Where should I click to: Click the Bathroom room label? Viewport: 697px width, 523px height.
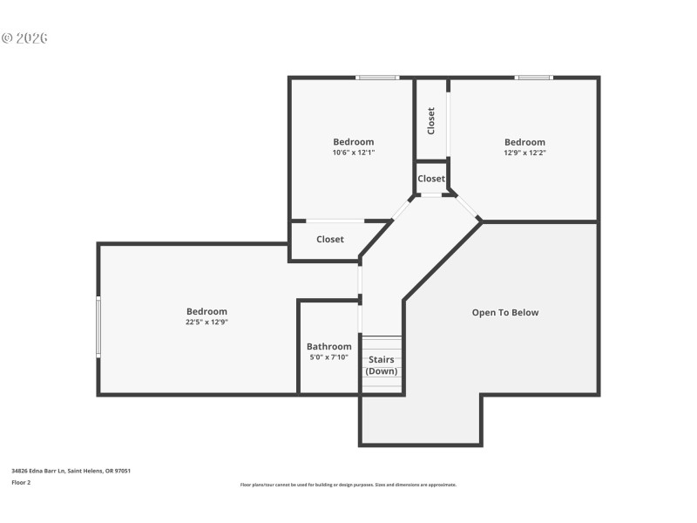coord(328,346)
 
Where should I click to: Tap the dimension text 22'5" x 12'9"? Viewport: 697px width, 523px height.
coord(206,322)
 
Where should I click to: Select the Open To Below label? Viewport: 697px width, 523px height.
coord(505,312)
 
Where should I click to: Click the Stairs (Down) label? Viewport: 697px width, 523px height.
coord(381,365)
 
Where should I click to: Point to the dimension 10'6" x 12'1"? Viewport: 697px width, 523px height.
coord(353,153)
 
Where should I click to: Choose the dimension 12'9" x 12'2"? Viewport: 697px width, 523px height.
coord(524,153)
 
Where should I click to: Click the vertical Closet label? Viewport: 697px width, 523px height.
coord(431,120)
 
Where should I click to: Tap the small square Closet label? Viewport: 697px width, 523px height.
coord(431,179)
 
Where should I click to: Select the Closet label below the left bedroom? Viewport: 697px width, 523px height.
coord(329,239)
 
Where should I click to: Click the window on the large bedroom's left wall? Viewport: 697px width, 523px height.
coord(98,327)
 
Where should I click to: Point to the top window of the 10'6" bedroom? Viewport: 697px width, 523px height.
coord(378,78)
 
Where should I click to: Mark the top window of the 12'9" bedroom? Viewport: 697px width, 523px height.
coord(533,78)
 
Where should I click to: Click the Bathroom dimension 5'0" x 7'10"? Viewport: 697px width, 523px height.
coord(328,357)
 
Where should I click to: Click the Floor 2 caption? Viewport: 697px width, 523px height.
coord(21,482)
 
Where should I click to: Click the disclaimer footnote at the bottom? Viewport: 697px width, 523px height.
coord(348,485)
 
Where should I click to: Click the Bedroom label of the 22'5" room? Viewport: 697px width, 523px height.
coord(206,311)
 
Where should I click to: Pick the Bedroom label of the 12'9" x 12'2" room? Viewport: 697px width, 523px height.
coord(524,142)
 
